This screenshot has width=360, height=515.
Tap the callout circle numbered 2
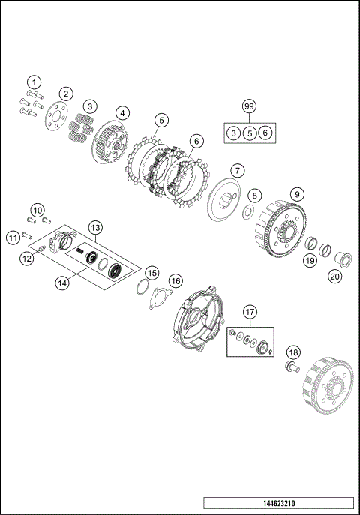pyautogui.click(x=67, y=94)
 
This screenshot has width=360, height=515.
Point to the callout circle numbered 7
pyautogui.click(x=235, y=170)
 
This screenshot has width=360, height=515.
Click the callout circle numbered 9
pyautogui.click(x=298, y=194)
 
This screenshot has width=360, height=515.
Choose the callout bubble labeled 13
pyautogui.click(x=95, y=226)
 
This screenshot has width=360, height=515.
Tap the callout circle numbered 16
pyautogui.click(x=175, y=280)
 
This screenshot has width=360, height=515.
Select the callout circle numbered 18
pyautogui.click(x=294, y=353)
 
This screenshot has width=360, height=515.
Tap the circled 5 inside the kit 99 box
pyautogui.click(x=249, y=133)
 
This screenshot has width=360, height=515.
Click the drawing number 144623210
pyautogui.click(x=277, y=502)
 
